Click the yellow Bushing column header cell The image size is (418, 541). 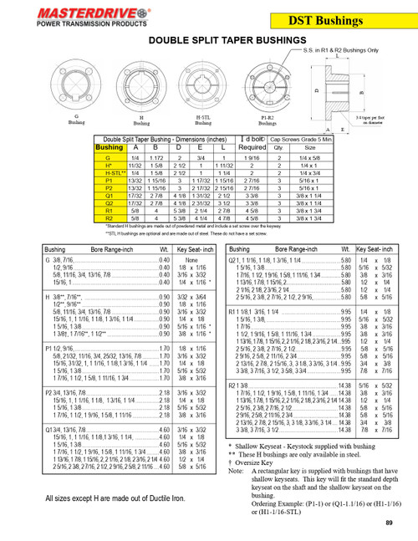click(109, 147)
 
